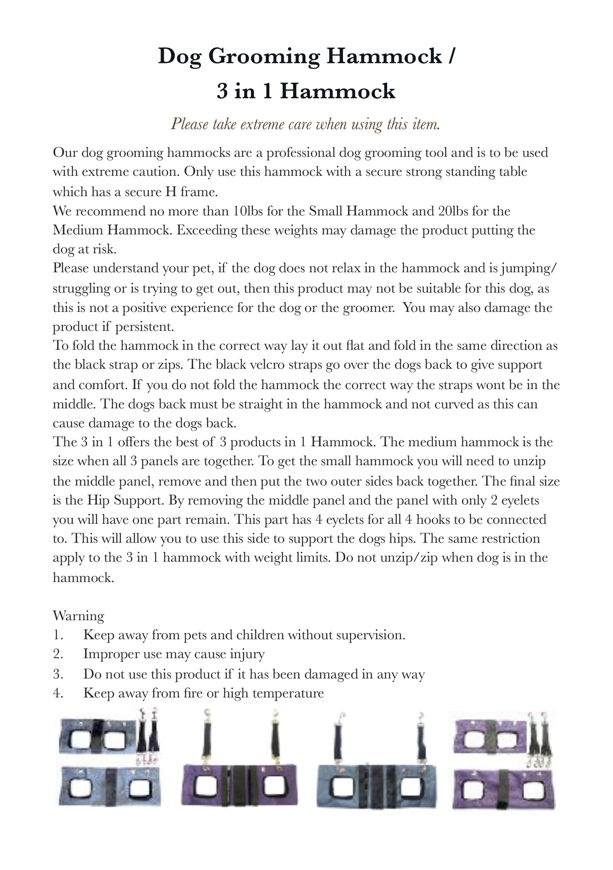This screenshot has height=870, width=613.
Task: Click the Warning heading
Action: point(79,616)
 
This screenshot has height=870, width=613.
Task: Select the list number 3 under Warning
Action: point(58,674)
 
